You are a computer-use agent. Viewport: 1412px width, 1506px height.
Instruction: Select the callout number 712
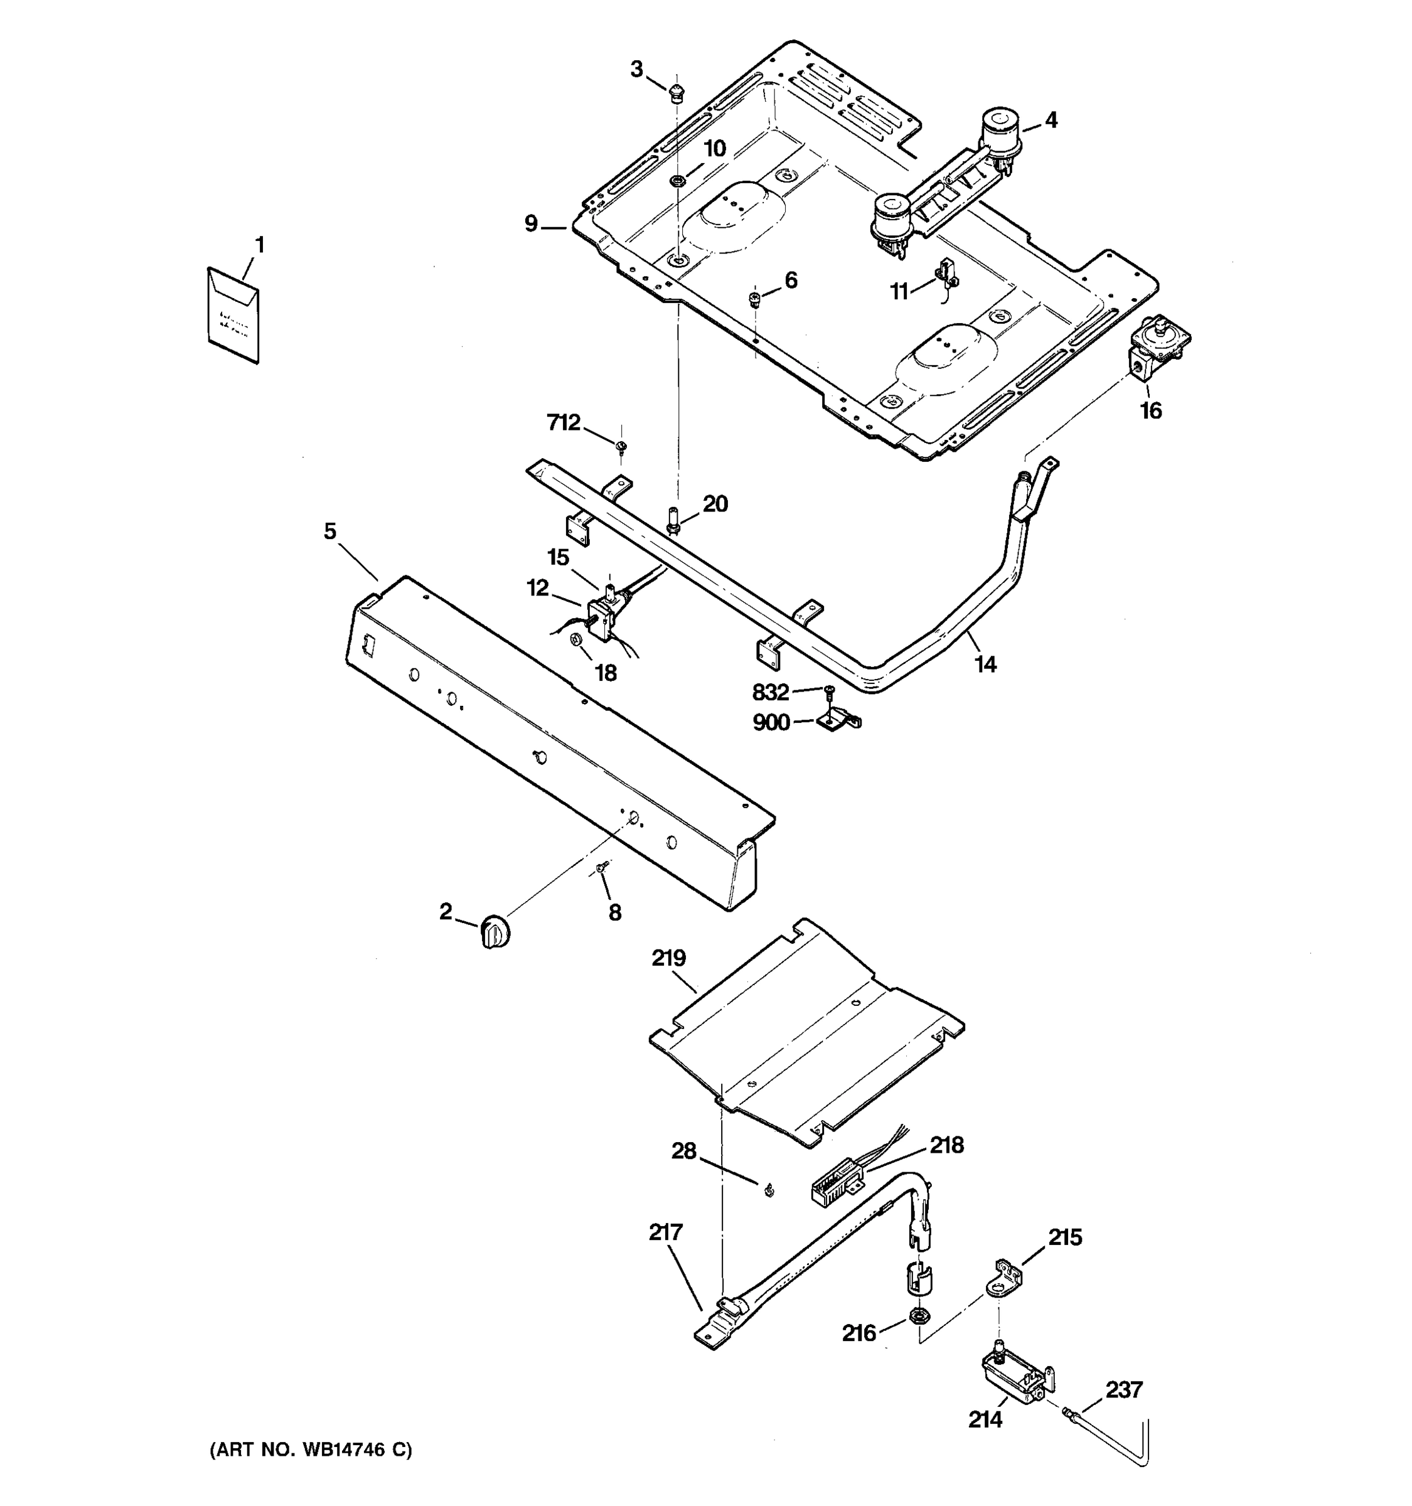(564, 423)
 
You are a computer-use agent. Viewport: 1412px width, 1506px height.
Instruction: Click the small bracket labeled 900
(838, 720)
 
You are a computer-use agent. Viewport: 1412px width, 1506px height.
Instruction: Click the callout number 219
(669, 958)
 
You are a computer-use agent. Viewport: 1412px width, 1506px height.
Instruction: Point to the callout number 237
(1123, 1390)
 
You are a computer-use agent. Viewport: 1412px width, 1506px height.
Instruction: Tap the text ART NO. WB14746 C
(311, 1450)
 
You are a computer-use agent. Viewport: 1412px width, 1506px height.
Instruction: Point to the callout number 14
(985, 665)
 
